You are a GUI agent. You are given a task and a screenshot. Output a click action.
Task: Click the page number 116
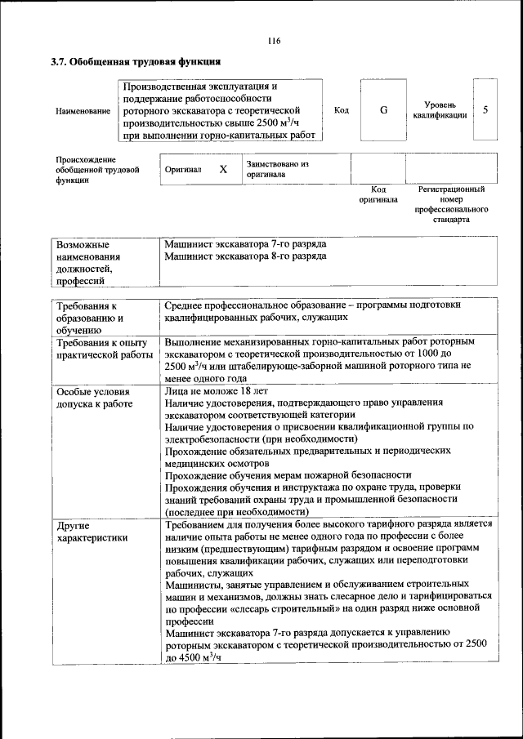pyautogui.click(x=273, y=42)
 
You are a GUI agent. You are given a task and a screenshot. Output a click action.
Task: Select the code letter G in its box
pyautogui.click(x=384, y=110)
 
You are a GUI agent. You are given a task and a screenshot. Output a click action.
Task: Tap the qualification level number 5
pyautogui.click(x=485, y=110)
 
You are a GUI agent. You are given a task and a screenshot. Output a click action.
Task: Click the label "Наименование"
pyautogui.click(x=83, y=111)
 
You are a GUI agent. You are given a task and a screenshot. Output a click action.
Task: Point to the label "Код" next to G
pyautogui.click(x=342, y=110)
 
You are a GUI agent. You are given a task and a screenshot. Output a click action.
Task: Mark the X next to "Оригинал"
pyautogui.click(x=222, y=170)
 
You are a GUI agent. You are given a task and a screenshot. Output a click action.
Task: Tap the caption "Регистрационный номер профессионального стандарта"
pyautogui.click(x=451, y=204)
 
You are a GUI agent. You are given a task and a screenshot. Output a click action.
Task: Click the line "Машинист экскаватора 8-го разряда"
pyautogui.click(x=245, y=256)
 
